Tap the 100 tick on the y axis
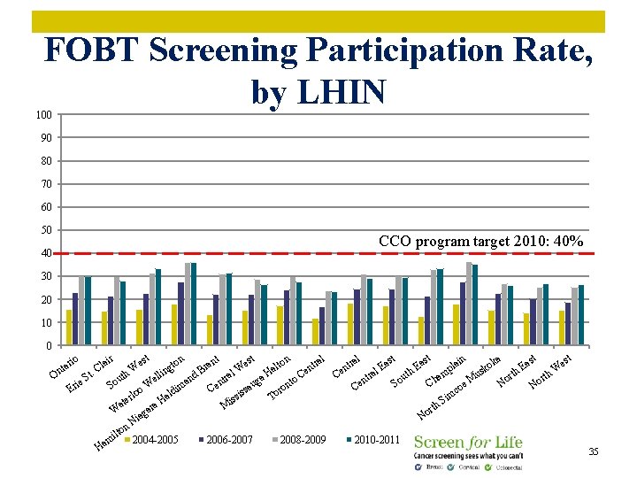pyautogui.click(x=43, y=115)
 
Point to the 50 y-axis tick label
pyautogui.click(x=45, y=230)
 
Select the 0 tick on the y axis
pyautogui.click(x=48, y=346)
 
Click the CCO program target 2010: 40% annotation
pyautogui.click(x=480, y=241)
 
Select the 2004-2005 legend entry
pyautogui.click(x=152, y=440)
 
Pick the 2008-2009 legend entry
pyautogui.click(x=300, y=440)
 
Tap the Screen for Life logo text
pyautogui.click(x=468, y=442)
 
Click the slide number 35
pyautogui.click(x=594, y=451)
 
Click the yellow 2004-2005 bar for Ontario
pyautogui.click(x=69, y=328)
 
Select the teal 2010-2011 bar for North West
pyautogui.click(x=581, y=315)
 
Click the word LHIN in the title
pyautogui.click(x=342, y=91)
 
